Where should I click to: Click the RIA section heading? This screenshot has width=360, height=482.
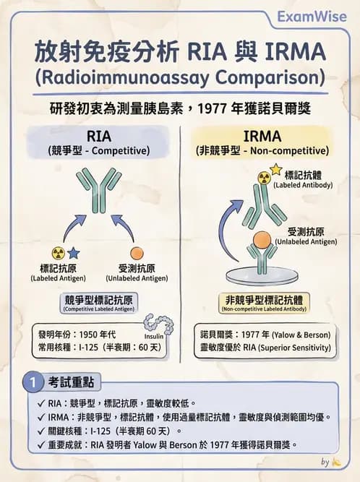coord(99,137)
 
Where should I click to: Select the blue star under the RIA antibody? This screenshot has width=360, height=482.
coord(74,252)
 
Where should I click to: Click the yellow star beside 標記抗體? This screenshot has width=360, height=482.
coord(275,171)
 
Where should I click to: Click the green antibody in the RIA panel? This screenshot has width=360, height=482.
coord(99,189)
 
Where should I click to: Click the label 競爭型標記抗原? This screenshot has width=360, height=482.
coord(99,299)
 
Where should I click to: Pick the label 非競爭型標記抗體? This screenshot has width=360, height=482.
coord(263,299)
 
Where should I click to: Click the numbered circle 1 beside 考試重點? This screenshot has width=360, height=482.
coord(32,381)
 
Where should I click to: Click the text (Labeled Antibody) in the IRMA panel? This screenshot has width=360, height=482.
coord(303,186)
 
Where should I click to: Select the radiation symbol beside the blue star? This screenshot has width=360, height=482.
coord(58,253)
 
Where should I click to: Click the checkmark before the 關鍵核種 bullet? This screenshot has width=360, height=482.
coord(41,431)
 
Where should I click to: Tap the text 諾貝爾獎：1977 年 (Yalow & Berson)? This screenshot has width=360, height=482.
coord(266,335)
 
